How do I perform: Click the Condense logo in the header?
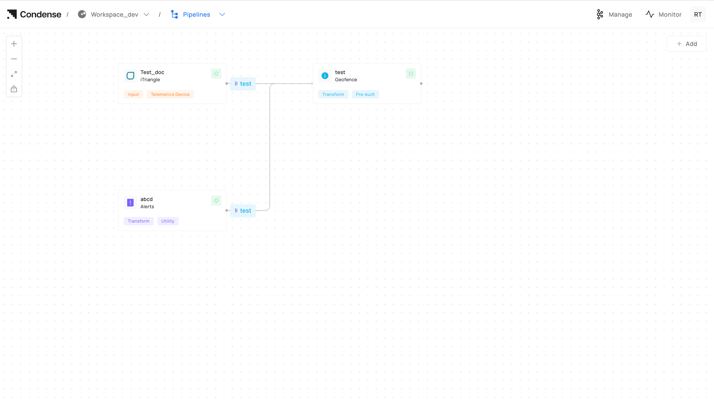[34, 14]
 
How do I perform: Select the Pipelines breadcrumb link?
[196, 15]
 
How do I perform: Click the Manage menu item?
[614, 15]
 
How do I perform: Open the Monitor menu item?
[663, 15]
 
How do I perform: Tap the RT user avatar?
[698, 15]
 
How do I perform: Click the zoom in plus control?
[14, 44]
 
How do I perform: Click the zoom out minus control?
[14, 59]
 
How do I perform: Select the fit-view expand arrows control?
[14, 74]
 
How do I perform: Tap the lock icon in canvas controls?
[14, 89]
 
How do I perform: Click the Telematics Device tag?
[170, 94]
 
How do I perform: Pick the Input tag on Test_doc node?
[133, 94]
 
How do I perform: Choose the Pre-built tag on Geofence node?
[365, 94]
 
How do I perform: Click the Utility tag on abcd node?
[168, 221]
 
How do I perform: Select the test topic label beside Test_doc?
[243, 84]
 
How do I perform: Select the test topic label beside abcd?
[243, 211]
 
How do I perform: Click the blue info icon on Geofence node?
[325, 76]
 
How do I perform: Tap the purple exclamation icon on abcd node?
[130, 202]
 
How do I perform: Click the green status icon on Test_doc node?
[216, 74]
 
